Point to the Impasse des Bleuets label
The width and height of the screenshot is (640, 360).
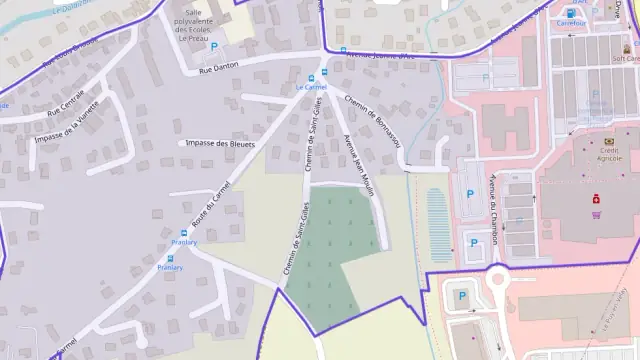(216, 143)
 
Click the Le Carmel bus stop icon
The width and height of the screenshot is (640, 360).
(311, 77)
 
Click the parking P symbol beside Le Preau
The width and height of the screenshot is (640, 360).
(214, 46)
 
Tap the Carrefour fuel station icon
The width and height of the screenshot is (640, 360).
(572, 13)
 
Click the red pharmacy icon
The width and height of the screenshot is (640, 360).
(595, 197)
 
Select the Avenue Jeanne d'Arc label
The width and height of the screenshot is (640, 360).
(380, 57)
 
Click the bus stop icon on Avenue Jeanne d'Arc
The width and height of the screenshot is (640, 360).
(343, 50)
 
